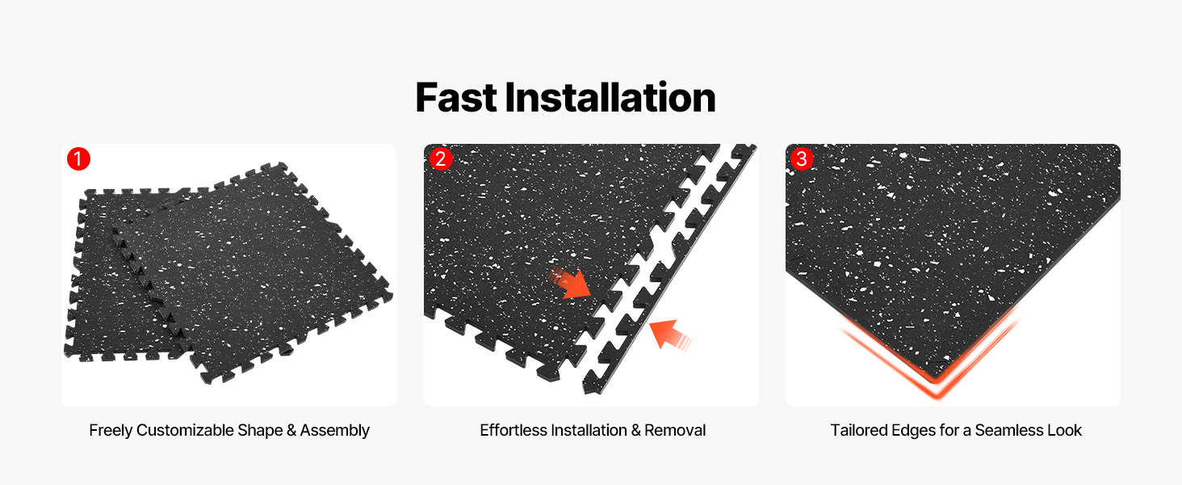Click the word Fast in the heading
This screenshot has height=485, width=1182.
[x=456, y=98]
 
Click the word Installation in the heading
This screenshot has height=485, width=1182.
[x=610, y=98]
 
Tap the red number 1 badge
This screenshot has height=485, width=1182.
[x=78, y=159]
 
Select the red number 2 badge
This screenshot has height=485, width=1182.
[x=441, y=158]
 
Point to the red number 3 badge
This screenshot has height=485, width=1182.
[x=802, y=158]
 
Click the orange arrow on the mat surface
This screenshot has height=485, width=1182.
[x=571, y=284]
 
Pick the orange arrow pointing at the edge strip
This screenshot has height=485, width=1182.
[x=669, y=335]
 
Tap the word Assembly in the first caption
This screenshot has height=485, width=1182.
[x=334, y=431]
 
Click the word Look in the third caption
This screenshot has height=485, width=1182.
[x=1064, y=431]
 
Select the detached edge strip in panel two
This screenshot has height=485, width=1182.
[x=670, y=269]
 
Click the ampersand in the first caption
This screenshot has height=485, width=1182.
[x=291, y=431]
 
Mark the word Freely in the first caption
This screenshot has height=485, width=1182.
[x=111, y=431]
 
